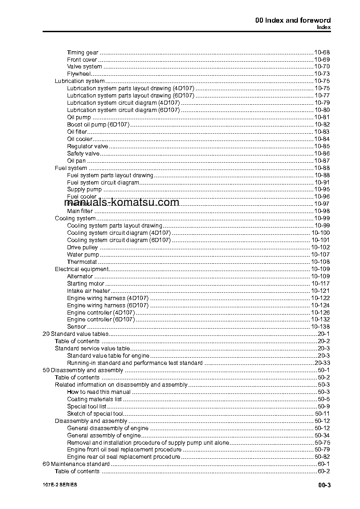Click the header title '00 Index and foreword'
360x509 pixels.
(293, 20)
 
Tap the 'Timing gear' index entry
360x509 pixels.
(83, 53)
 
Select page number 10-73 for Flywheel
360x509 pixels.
(321, 74)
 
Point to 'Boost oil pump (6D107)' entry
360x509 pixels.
(98, 125)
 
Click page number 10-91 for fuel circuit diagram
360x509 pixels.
(321, 183)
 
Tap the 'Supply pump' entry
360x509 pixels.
(84, 189)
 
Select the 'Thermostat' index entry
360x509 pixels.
(82, 262)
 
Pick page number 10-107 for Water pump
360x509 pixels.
(320, 255)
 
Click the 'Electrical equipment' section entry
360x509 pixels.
(82, 269)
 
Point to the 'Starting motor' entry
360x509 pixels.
(86, 284)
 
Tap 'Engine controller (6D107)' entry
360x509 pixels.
(101, 320)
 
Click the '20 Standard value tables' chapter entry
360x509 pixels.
(75, 334)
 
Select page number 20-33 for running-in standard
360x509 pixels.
(321, 363)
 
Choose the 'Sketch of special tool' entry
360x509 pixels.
(95, 414)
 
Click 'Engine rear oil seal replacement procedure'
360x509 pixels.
(123, 457)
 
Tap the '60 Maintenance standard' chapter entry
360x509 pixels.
(76, 464)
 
